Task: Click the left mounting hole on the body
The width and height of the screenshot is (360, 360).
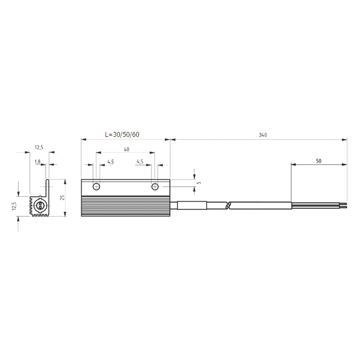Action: pyautogui.click(x=96, y=187)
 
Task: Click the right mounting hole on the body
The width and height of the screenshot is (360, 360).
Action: pyautogui.click(x=155, y=187)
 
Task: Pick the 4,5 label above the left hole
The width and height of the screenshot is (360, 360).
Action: pyautogui.click(x=110, y=162)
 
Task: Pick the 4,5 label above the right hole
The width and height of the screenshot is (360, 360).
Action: pyautogui.click(x=139, y=162)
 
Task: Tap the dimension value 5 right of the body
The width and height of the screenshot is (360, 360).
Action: pyautogui.click(x=198, y=183)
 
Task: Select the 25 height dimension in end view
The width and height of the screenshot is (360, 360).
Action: pyautogui.click(x=63, y=198)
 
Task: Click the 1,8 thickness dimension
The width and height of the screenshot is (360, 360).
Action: pyautogui.click(x=37, y=162)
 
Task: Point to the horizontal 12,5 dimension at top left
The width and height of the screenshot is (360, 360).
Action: pyautogui.click(x=39, y=148)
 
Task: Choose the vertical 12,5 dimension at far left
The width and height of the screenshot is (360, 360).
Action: pyautogui.click(x=14, y=206)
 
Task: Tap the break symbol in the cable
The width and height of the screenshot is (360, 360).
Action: pyautogui.click(x=228, y=206)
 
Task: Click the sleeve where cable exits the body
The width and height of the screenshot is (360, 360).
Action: pyautogui.click(x=192, y=206)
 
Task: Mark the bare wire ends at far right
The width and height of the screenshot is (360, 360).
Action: pyautogui.click(x=344, y=206)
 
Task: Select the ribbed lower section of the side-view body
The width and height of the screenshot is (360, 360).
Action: pyautogui.click(x=126, y=206)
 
